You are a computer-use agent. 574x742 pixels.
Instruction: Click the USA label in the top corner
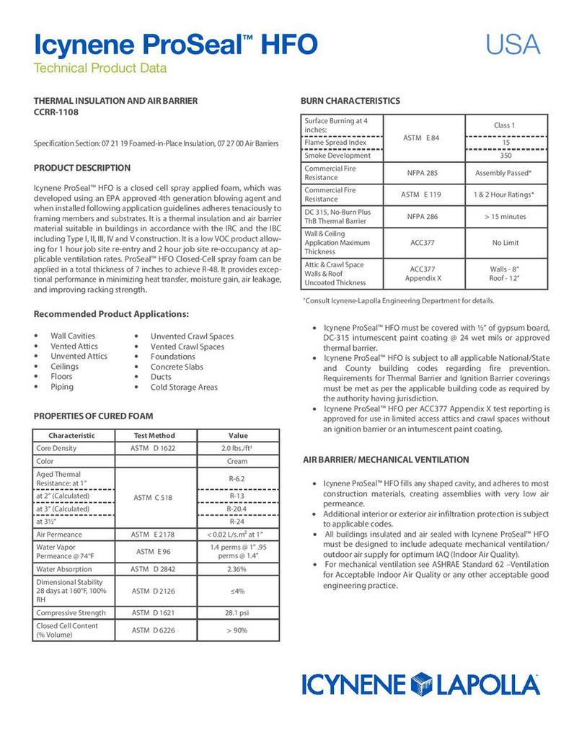click(512, 45)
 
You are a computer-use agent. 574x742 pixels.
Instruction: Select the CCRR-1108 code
click(56, 112)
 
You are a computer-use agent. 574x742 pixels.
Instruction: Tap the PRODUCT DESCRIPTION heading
click(82, 168)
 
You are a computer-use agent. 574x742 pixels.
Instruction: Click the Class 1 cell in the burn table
click(504, 125)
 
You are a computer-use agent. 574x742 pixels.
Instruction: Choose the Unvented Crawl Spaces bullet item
click(192, 336)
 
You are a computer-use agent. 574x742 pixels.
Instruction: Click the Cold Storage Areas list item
click(184, 387)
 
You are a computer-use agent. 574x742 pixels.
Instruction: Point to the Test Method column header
click(154, 435)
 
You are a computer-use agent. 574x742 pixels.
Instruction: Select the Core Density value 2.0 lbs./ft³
click(237, 448)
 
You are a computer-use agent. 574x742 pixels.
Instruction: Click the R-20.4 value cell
click(237, 509)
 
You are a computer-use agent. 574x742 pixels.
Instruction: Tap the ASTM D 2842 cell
click(154, 569)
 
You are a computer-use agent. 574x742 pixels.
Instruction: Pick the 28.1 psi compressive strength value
click(237, 613)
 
